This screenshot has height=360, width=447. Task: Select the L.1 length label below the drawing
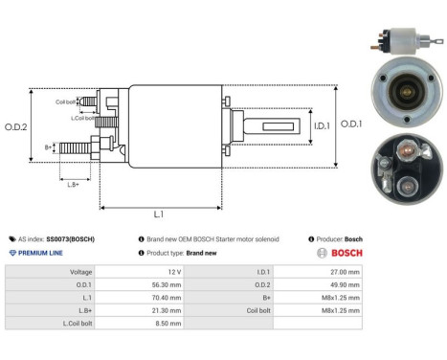(x=159, y=214)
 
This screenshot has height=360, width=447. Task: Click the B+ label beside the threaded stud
(x=48, y=146)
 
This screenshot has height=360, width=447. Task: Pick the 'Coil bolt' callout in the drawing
(x=65, y=101)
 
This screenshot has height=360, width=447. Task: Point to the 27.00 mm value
(x=343, y=272)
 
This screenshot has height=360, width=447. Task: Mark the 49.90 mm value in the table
(x=343, y=284)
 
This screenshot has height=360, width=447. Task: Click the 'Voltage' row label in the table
(x=80, y=272)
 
